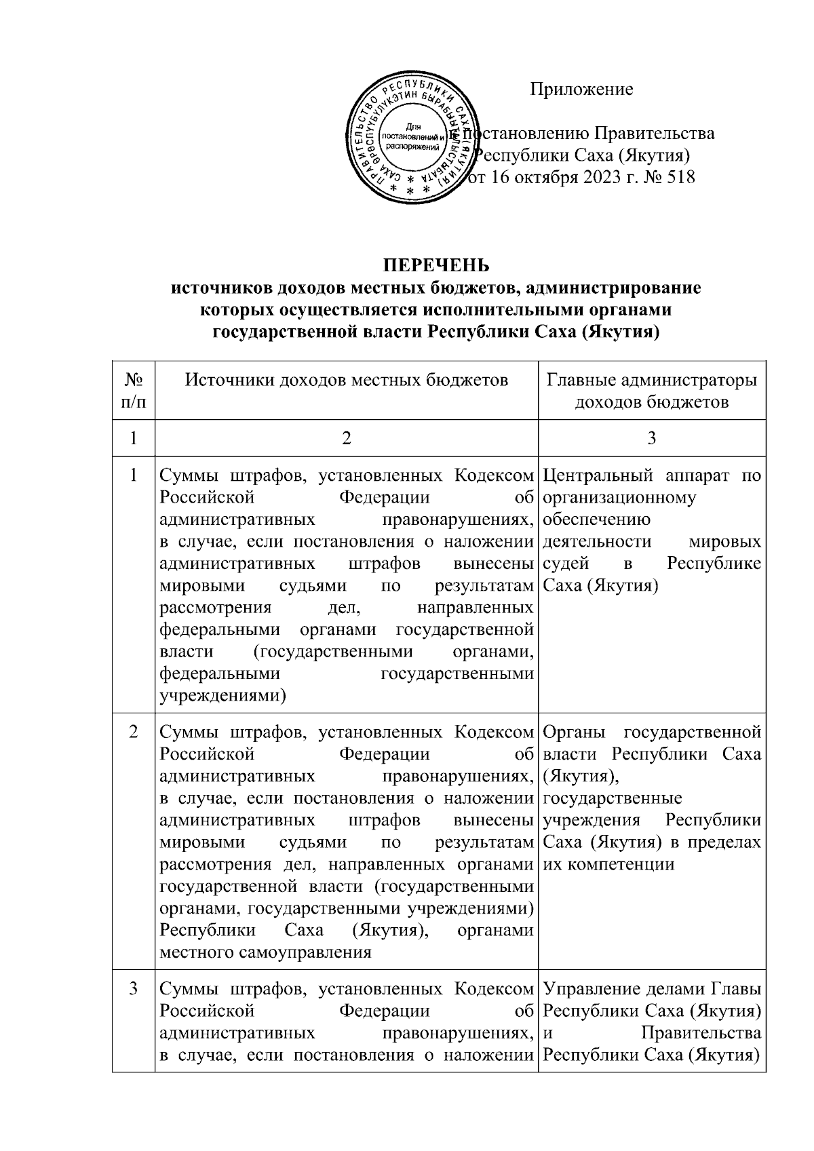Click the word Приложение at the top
pyautogui.click(x=581, y=89)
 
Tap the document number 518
pyautogui.click(x=680, y=178)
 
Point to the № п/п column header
pyautogui.click(x=134, y=391)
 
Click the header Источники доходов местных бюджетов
pyautogui.click(x=347, y=380)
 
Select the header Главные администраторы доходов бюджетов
pyautogui.click(x=651, y=391)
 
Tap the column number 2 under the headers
pyautogui.click(x=347, y=439)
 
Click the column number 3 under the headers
pyautogui.click(x=651, y=439)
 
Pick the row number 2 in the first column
pyautogui.click(x=134, y=733)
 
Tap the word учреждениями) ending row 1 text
pyautogui.click(x=222, y=696)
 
